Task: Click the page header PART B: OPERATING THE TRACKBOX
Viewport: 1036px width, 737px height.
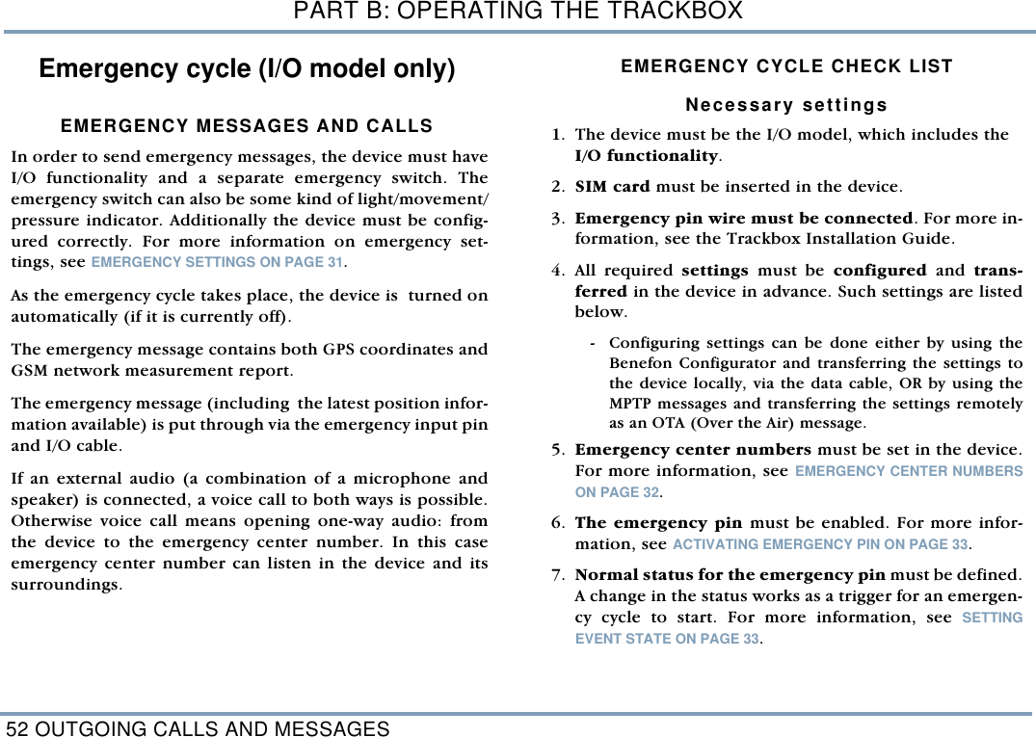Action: coord(518,12)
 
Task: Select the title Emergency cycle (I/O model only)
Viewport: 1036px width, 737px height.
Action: coord(247,69)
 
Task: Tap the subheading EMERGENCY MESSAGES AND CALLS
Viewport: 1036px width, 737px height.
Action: coord(247,126)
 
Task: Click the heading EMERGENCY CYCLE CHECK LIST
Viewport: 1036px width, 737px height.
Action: coord(786,66)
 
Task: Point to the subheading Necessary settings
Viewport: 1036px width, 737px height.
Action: coord(786,104)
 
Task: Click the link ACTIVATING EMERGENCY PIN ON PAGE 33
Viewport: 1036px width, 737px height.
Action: coord(819,545)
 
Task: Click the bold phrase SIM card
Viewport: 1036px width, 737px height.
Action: coord(612,186)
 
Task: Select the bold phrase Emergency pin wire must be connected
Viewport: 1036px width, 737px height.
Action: coord(743,218)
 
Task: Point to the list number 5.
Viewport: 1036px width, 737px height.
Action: coord(558,450)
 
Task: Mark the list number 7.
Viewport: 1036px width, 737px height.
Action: coord(558,575)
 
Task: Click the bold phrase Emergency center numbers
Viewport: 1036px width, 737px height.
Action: coord(693,450)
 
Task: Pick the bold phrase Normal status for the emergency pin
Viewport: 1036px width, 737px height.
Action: coord(731,575)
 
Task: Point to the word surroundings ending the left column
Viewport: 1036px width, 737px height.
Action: coord(66,585)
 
